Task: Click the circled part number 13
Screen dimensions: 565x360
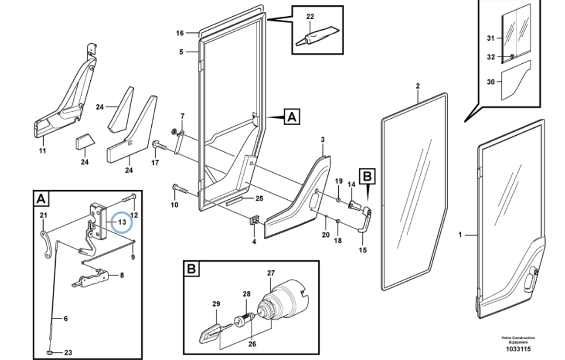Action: tap(122, 222)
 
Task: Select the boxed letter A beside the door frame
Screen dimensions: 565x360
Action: tap(292, 117)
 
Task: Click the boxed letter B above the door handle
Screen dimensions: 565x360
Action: tap(367, 177)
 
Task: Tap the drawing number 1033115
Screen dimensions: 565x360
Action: tap(518, 349)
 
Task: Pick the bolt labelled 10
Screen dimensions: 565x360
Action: tap(180, 189)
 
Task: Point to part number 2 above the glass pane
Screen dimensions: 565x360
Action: tap(418, 86)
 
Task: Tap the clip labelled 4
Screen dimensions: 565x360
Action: tap(254, 220)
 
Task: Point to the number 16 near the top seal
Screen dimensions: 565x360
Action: tap(180, 33)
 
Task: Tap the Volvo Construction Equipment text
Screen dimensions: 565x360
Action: tap(518, 340)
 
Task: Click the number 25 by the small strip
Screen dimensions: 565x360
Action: tap(259, 198)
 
